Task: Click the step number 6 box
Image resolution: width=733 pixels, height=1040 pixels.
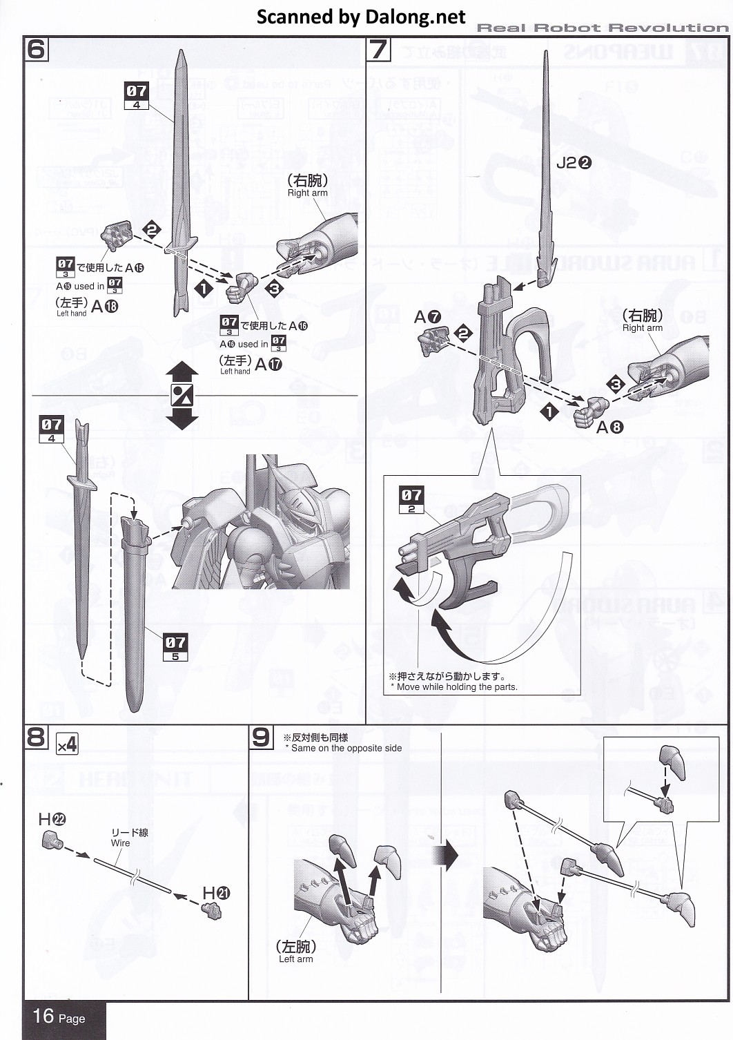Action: click(37, 49)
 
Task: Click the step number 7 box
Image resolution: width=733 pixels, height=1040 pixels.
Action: click(378, 49)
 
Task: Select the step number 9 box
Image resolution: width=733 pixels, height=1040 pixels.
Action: click(261, 737)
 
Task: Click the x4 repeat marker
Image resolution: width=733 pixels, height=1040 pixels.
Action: click(67, 744)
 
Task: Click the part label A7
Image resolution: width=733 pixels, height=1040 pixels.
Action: click(427, 317)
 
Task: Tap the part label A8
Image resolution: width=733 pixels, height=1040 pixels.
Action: click(609, 427)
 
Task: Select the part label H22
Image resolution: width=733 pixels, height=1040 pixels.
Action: click(52, 820)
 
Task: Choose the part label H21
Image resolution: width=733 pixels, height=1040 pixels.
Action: click(216, 893)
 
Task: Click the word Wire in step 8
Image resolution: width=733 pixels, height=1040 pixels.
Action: click(120, 843)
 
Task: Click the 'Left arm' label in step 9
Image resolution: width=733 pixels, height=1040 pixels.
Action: click(295, 959)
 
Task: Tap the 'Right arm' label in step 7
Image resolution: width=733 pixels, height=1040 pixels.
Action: click(642, 328)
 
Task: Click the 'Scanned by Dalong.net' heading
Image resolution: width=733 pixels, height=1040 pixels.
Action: click(361, 17)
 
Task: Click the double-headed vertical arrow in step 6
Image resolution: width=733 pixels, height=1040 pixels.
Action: click(182, 396)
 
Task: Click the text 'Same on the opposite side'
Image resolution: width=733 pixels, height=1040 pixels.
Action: click(346, 748)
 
